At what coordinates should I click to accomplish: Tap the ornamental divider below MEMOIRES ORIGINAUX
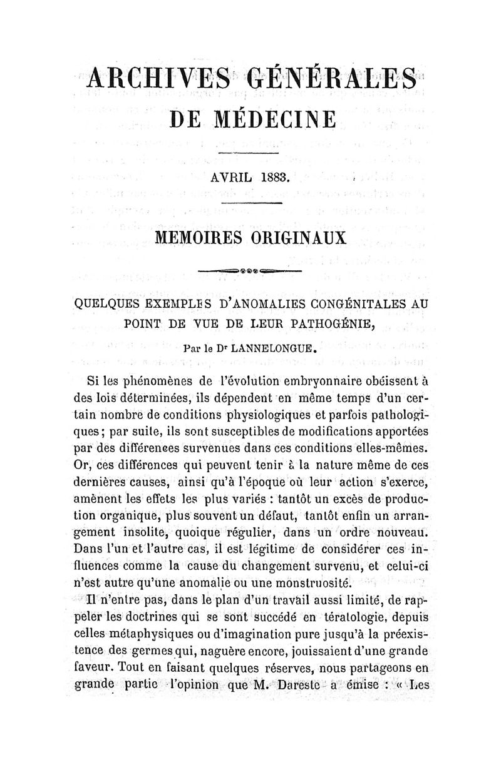click(x=250, y=271)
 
